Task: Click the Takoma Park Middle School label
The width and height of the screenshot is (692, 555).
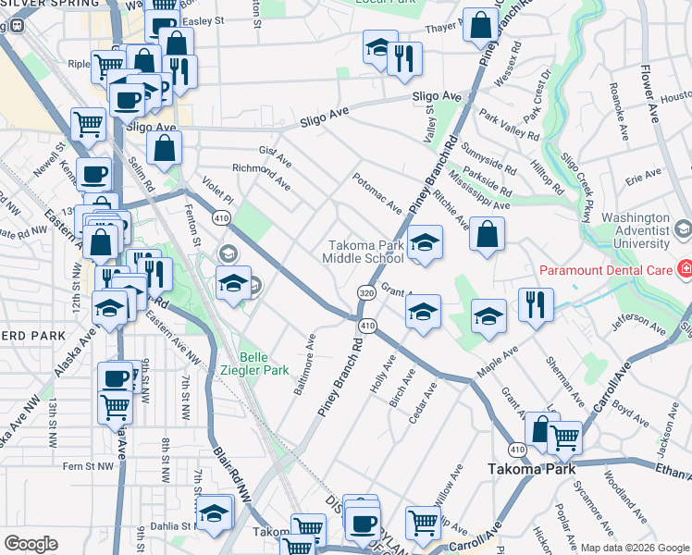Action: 363,252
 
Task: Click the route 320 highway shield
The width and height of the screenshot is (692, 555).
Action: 365,291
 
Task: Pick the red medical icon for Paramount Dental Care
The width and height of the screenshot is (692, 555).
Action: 686,270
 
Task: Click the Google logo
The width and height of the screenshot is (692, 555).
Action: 31,544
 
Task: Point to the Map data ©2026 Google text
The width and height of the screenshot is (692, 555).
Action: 635,548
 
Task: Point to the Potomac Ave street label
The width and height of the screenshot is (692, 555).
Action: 376,191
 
